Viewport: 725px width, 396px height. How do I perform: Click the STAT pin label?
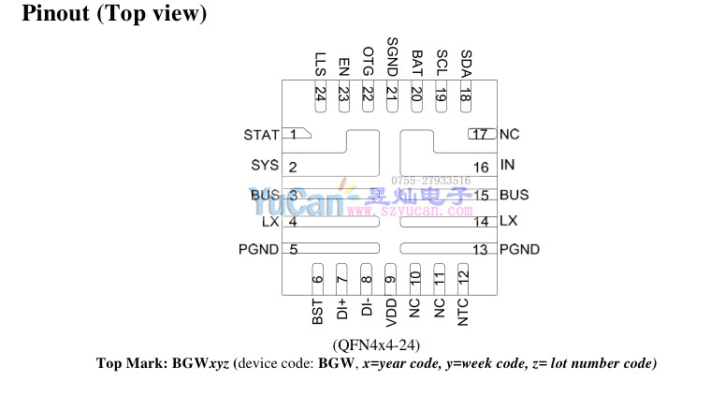[261, 135]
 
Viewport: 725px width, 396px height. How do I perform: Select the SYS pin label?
[265, 166]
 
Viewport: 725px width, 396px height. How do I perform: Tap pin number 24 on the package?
[321, 94]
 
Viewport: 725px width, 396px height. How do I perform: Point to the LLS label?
[321, 65]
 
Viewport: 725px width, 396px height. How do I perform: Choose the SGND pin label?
[392, 55]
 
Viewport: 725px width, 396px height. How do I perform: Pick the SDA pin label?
[466, 62]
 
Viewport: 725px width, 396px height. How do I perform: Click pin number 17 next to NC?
[481, 135]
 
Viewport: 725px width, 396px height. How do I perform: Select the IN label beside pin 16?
[508, 166]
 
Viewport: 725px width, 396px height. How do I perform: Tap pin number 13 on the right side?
[481, 249]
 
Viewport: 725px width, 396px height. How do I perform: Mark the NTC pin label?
[463, 311]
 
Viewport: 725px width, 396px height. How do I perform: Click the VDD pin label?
[391, 311]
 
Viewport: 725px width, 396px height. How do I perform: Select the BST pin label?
[318, 311]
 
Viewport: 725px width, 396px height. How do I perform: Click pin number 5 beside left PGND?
[294, 249]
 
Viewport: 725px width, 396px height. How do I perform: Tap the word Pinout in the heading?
[55, 15]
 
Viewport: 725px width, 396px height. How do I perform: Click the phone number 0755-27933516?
[430, 180]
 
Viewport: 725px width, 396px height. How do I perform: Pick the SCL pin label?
[442, 62]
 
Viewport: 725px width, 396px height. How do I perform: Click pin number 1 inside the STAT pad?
[294, 135]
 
